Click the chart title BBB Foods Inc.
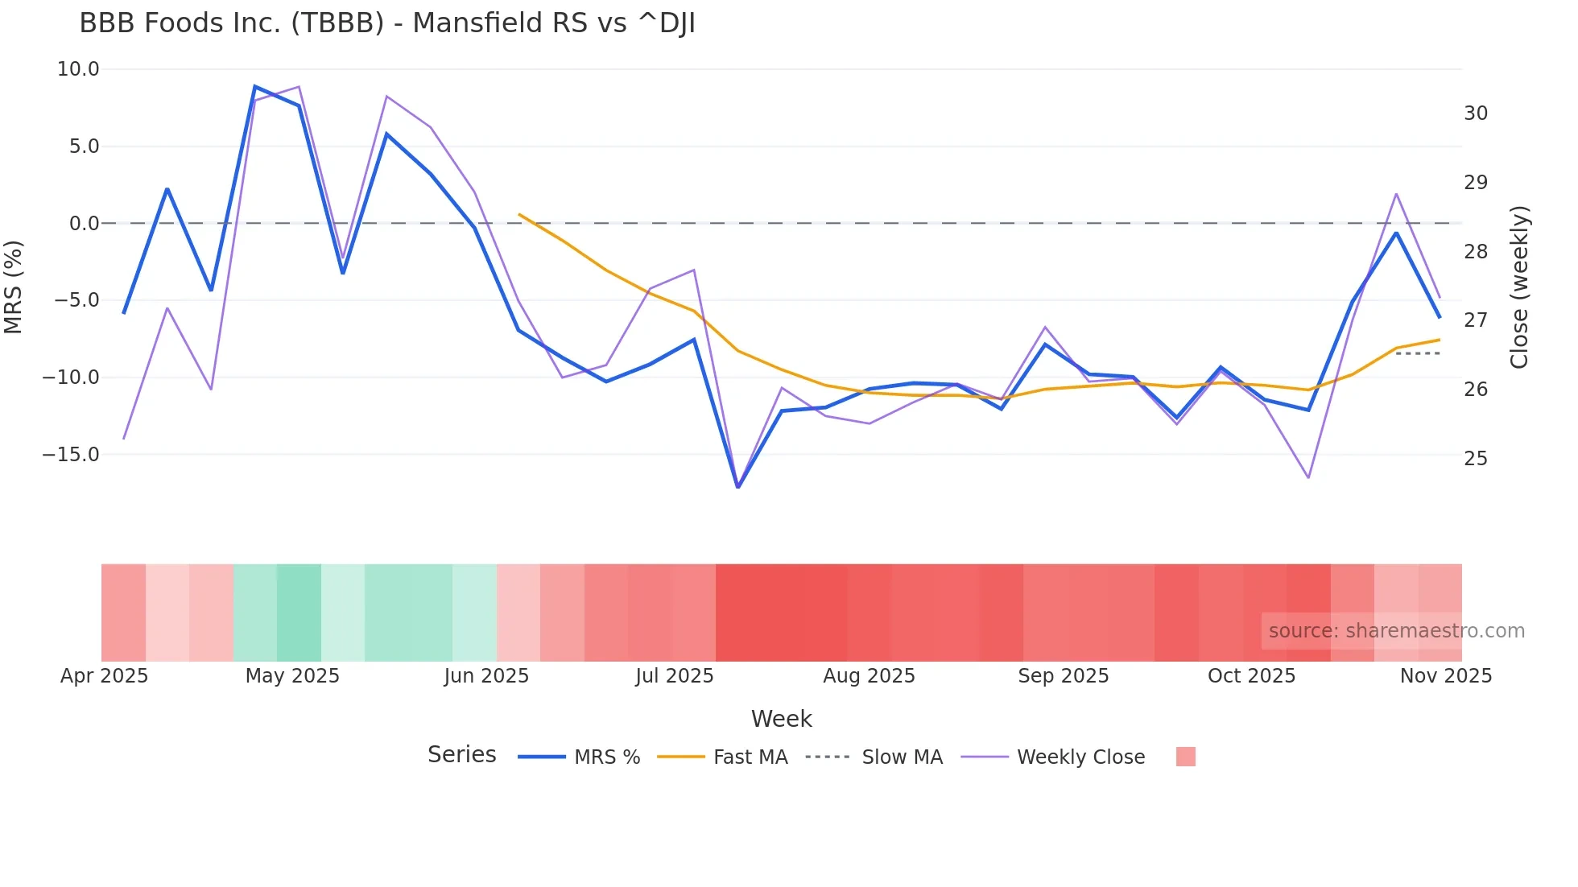[x=386, y=23]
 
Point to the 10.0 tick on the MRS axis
[x=78, y=69]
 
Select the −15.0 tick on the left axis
[x=71, y=455]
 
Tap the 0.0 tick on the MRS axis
[x=84, y=224]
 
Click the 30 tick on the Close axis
[x=1476, y=113]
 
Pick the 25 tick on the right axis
[x=1476, y=459]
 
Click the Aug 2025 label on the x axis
[x=869, y=676]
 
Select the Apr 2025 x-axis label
[x=105, y=676]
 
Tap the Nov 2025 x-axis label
[x=1446, y=676]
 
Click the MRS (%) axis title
[x=14, y=287]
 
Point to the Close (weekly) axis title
[x=1519, y=287]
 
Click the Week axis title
[x=781, y=719]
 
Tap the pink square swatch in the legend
[x=1185, y=757]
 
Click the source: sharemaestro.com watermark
[x=1396, y=631]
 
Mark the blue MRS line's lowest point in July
[x=738, y=487]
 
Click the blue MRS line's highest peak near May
[x=255, y=86]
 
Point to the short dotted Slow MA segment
[x=1418, y=353]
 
